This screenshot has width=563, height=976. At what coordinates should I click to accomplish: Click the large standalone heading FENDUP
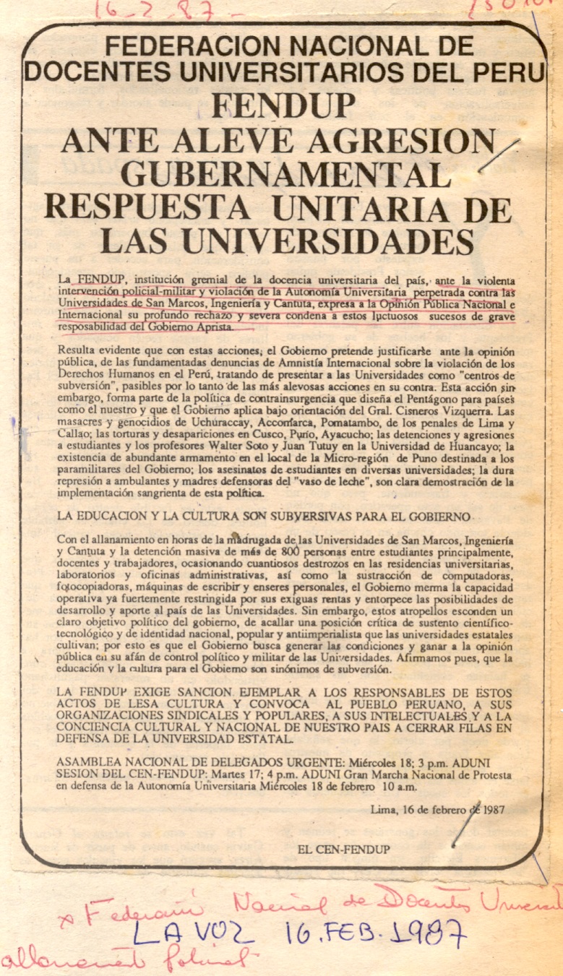point(284,106)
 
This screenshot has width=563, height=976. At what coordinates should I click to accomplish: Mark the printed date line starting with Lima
point(437,809)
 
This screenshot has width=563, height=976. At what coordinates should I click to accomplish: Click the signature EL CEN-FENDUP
point(343,850)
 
